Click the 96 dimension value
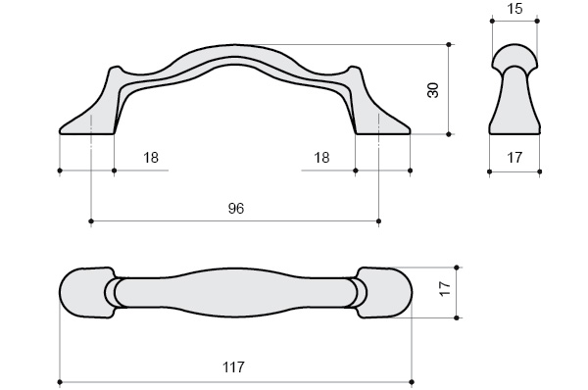click(236, 209)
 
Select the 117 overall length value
click(233, 367)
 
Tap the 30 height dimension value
click(433, 90)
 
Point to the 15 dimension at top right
click(514, 9)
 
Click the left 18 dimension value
click(151, 158)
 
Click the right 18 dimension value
click(321, 158)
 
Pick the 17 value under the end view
click(514, 158)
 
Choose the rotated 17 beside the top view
click(445, 289)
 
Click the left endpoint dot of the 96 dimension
click(91, 220)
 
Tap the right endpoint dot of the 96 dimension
click(378, 220)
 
